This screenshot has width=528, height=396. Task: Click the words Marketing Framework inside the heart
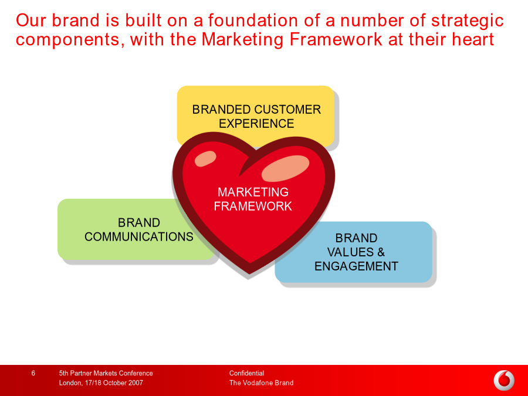tap(253, 199)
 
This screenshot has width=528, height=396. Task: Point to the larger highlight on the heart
tap(285, 168)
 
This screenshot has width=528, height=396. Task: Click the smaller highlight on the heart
tap(205, 158)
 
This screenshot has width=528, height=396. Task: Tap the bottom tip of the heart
tap(249, 274)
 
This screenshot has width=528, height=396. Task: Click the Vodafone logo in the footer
tap(504, 381)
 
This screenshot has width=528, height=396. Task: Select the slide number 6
tap(33, 373)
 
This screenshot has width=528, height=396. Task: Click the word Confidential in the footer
tap(246, 373)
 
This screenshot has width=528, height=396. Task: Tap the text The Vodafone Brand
tap(261, 383)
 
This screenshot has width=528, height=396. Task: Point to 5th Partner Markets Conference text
tap(106, 373)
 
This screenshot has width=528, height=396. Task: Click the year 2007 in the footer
tap(135, 383)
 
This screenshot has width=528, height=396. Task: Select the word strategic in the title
tap(468, 21)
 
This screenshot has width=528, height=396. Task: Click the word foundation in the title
tap(253, 20)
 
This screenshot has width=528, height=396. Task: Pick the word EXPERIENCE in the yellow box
tap(256, 124)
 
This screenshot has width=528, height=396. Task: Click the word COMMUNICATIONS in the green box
tap(138, 237)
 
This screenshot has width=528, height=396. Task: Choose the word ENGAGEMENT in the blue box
tap(356, 266)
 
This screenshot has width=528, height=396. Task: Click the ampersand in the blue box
tap(381, 252)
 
